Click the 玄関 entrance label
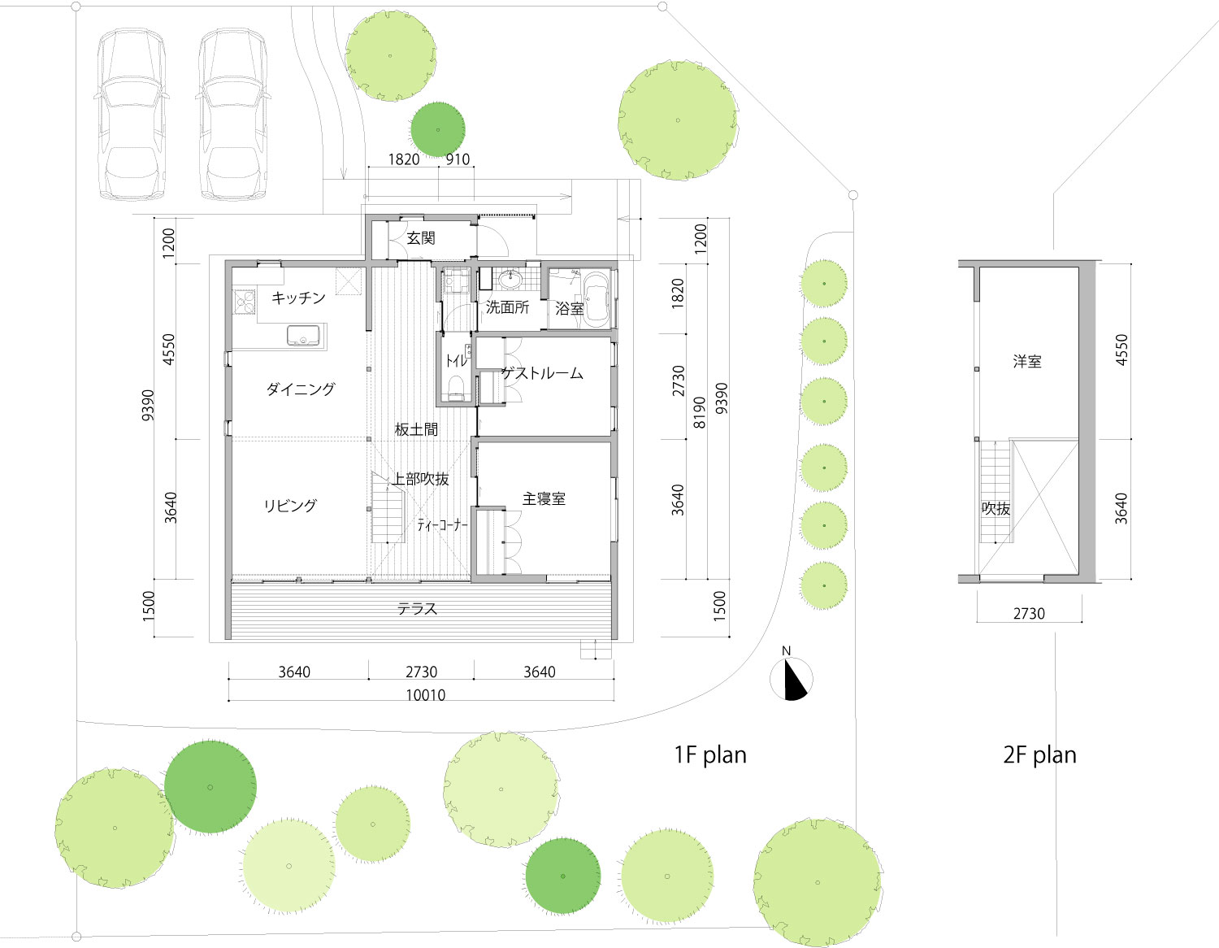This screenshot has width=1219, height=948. (421, 238)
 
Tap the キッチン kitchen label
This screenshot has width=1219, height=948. (298, 298)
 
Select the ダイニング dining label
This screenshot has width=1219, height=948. (301, 389)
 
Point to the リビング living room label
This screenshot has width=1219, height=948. (291, 506)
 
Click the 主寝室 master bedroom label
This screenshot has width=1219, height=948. (544, 498)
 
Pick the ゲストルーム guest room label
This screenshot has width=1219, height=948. (542, 373)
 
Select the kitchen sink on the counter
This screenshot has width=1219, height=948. (303, 336)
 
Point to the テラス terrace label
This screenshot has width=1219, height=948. (417, 609)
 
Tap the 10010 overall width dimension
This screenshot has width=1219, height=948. (426, 695)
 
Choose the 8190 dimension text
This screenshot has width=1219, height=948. (699, 412)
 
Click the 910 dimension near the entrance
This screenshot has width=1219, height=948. (458, 159)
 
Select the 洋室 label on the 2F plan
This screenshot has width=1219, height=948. (1027, 361)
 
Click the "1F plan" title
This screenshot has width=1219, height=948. (710, 755)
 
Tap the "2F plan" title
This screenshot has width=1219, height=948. (1039, 755)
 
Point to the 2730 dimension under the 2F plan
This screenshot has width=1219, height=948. (1029, 614)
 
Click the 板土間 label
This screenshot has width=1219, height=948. (416, 429)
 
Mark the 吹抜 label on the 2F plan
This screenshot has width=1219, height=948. (996, 508)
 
